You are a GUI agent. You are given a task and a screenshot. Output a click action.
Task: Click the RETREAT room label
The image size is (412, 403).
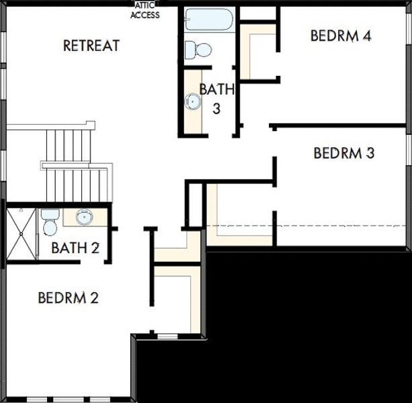pyautogui.click(x=91, y=46)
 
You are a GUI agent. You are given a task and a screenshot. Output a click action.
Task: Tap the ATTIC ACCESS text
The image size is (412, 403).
pyautogui.click(x=145, y=11)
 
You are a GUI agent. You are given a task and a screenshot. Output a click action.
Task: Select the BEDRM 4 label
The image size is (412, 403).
pyautogui.click(x=341, y=36)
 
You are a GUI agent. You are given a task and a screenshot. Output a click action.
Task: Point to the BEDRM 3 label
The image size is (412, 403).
pyautogui.click(x=343, y=152)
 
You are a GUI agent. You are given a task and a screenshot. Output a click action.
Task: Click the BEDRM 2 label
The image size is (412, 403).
pyautogui.click(x=69, y=298)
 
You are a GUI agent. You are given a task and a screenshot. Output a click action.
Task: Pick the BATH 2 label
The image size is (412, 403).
pyautogui.click(x=75, y=248)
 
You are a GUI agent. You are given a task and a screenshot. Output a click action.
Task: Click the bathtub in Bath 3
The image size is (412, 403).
pyautogui.click(x=209, y=19)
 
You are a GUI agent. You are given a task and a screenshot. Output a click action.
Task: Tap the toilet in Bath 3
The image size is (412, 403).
pyautogui.click(x=198, y=50)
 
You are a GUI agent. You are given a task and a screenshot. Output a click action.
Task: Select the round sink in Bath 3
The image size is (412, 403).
pyautogui.click(x=193, y=101)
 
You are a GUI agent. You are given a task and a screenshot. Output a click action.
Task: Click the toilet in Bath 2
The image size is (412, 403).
pyautogui.click(x=50, y=222)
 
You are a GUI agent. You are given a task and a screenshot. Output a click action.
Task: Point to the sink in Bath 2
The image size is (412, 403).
pyautogui.click(x=84, y=217)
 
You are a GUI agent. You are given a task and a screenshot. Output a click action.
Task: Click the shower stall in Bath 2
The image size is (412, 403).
pyautogui.click(x=22, y=234)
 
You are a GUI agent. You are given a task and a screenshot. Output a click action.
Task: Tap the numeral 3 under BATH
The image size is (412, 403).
pyautogui.click(x=216, y=108)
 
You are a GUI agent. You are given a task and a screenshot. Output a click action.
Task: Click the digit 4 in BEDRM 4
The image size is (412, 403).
pyautogui.click(x=367, y=36)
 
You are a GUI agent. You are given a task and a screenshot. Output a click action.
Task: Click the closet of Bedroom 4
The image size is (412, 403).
pyautogui.click(x=258, y=52)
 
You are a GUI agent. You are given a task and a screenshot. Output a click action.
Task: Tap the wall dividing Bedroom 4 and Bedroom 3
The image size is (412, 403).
pyautogui.click(x=337, y=126)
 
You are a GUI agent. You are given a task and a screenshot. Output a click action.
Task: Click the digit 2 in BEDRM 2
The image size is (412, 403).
pyautogui.click(x=94, y=298)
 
